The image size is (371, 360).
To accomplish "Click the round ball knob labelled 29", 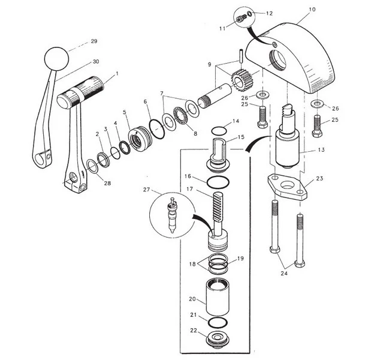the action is [x=56, y=59].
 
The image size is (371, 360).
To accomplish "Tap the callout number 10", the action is [x=312, y=10].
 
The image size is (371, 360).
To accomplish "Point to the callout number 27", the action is [x=146, y=190].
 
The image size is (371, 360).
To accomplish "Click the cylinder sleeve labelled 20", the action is [x=218, y=297].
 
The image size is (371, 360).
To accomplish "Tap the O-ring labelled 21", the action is [x=218, y=322].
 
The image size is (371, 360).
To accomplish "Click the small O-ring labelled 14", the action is [x=219, y=130].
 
